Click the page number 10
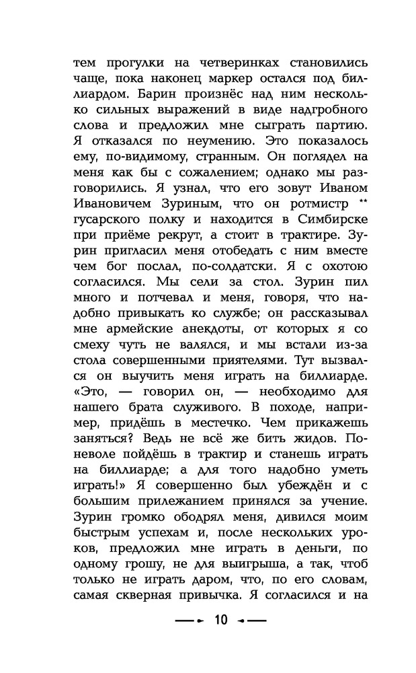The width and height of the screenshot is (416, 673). [x=221, y=620]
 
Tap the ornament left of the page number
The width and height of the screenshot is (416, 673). [x=190, y=620]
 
